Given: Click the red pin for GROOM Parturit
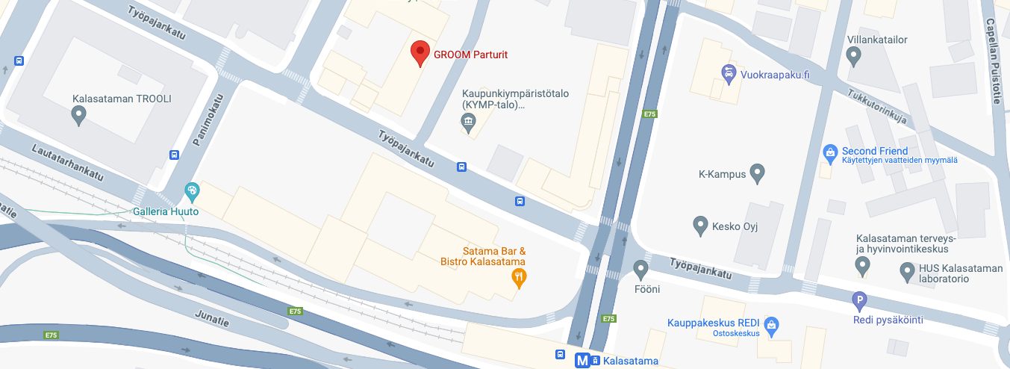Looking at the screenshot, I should pyautogui.click(x=421, y=53).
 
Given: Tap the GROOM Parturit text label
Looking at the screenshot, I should pyautogui.click(x=474, y=55).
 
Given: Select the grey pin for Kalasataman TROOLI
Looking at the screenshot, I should pyautogui.click(x=78, y=115).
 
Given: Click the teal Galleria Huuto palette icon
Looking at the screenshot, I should pyautogui.click(x=192, y=191).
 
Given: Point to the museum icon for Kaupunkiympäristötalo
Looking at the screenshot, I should pyautogui.click(x=469, y=123).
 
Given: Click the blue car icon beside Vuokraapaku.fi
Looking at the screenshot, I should pyautogui.click(x=728, y=72).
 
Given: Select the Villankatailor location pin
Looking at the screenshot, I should pyautogui.click(x=854, y=55).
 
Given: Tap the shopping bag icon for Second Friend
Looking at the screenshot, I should pyautogui.click(x=829, y=152).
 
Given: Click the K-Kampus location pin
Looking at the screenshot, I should pyautogui.click(x=758, y=173).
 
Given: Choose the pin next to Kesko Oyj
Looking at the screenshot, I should pyautogui.click(x=700, y=224).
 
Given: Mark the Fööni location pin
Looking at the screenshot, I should pyautogui.click(x=640, y=269).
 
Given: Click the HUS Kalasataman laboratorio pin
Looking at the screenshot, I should pyautogui.click(x=907, y=270).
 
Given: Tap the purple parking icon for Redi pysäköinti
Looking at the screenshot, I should pyautogui.click(x=860, y=302).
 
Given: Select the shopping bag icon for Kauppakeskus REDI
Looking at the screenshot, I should pyautogui.click(x=772, y=325).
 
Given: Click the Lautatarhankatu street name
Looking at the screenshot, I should pyautogui.click(x=67, y=161).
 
